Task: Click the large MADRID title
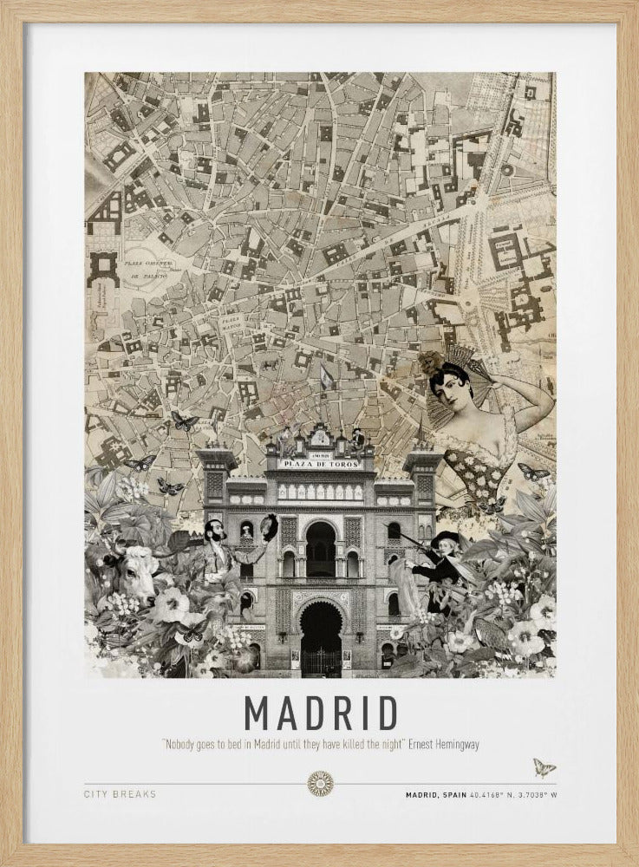320,712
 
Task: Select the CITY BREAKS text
120,793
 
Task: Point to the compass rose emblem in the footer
320,784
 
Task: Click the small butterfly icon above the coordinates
544,767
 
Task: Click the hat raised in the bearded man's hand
269,526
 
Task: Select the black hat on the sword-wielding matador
446,539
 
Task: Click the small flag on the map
327,376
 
